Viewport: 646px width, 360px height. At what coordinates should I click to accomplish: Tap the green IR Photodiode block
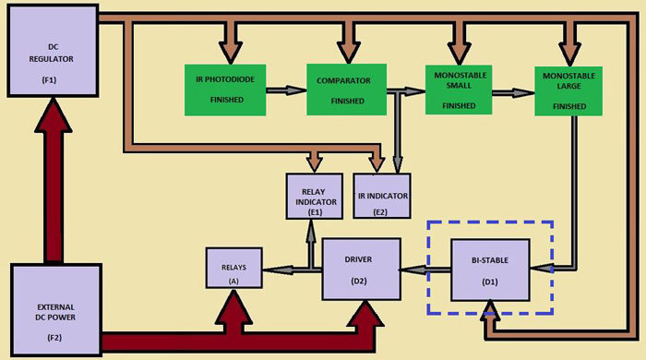(227, 90)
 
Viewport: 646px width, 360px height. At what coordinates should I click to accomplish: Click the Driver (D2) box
(361, 269)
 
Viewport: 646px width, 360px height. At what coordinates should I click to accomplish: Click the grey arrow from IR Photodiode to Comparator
(287, 90)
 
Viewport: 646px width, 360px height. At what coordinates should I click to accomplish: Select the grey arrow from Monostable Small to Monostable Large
(513, 92)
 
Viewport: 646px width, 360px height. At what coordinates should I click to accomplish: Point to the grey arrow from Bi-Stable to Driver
(425, 270)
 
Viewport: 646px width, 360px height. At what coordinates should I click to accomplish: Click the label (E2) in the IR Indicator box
(382, 210)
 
